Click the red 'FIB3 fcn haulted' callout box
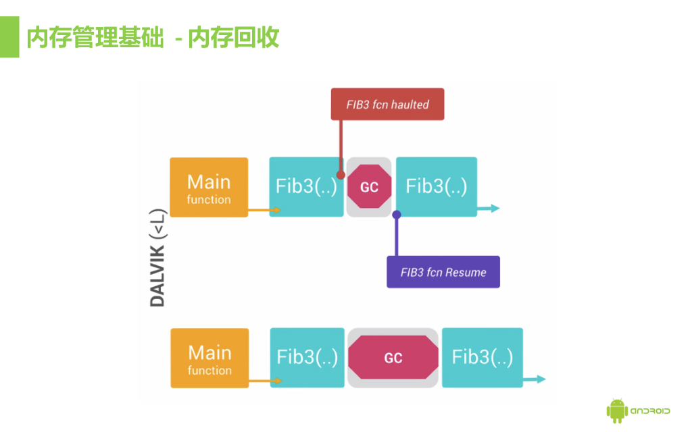point(387,105)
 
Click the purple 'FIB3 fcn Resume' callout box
point(443,272)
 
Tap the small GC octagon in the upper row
point(369,187)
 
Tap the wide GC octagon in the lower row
point(393,358)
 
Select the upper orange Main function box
point(209,187)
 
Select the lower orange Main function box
point(209,358)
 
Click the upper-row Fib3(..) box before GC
point(306,187)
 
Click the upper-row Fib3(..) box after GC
point(437,187)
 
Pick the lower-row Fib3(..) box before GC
point(307,358)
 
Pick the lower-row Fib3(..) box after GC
point(483,358)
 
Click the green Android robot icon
point(616,410)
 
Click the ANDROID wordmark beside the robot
point(650,410)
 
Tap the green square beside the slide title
point(9,38)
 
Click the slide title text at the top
point(153,38)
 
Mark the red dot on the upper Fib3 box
point(341,175)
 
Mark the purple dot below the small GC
point(397,215)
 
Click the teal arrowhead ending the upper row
point(496,209)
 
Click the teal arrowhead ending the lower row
point(541,379)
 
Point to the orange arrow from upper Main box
point(264,211)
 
